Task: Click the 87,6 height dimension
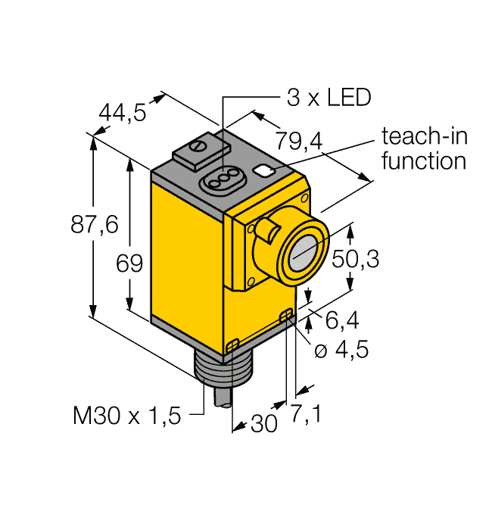pyautogui.click(x=95, y=224)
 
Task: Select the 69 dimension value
pyautogui.click(x=129, y=263)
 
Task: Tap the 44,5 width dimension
pyautogui.click(x=123, y=113)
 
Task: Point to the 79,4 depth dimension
pyautogui.click(x=299, y=141)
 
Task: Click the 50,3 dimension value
pyautogui.click(x=356, y=259)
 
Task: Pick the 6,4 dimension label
pyautogui.click(x=342, y=320)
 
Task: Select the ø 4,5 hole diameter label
pyautogui.click(x=341, y=349)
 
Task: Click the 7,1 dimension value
pyautogui.click(x=306, y=413)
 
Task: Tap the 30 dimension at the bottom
pyautogui.click(x=264, y=422)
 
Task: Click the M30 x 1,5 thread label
pyautogui.click(x=126, y=416)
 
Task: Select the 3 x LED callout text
pyautogui.click(x=329, y=98)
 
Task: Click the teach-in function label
pyautogui.click(x=425, y=148)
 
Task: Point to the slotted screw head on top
pyautogui.click(x=198, y=145)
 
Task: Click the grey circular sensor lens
pyautogui.click(x=303, y=253)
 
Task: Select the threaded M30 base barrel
pyautogui.click(x=223, y=369)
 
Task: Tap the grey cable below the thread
pyautogui.click(x=223, y=395)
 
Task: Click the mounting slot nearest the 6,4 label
pyautogui.click(x=287, y=315)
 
